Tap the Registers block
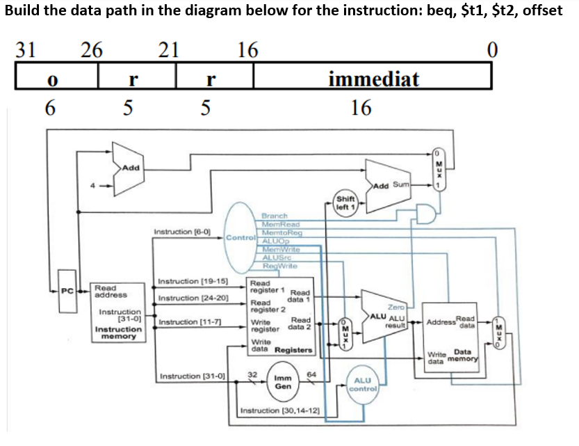click(281, 316)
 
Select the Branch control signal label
click(274, 216)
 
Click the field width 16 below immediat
click(361, 108)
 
